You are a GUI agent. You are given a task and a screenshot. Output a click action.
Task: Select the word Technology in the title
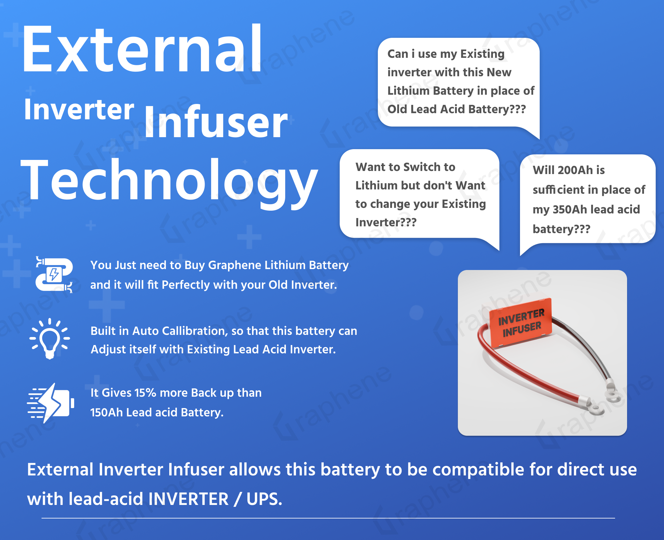point(169,182)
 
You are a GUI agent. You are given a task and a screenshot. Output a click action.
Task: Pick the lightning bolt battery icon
point(51,403)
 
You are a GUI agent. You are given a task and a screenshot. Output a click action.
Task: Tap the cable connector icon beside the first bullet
point(54,275)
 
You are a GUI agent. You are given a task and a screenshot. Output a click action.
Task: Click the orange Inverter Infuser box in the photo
point(520,323)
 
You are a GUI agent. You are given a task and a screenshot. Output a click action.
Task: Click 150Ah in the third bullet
point(106,412)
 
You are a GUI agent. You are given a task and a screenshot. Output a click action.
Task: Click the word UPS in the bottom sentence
point(264,499)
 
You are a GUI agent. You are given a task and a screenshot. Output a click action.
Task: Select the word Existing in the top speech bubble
point(482,54)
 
